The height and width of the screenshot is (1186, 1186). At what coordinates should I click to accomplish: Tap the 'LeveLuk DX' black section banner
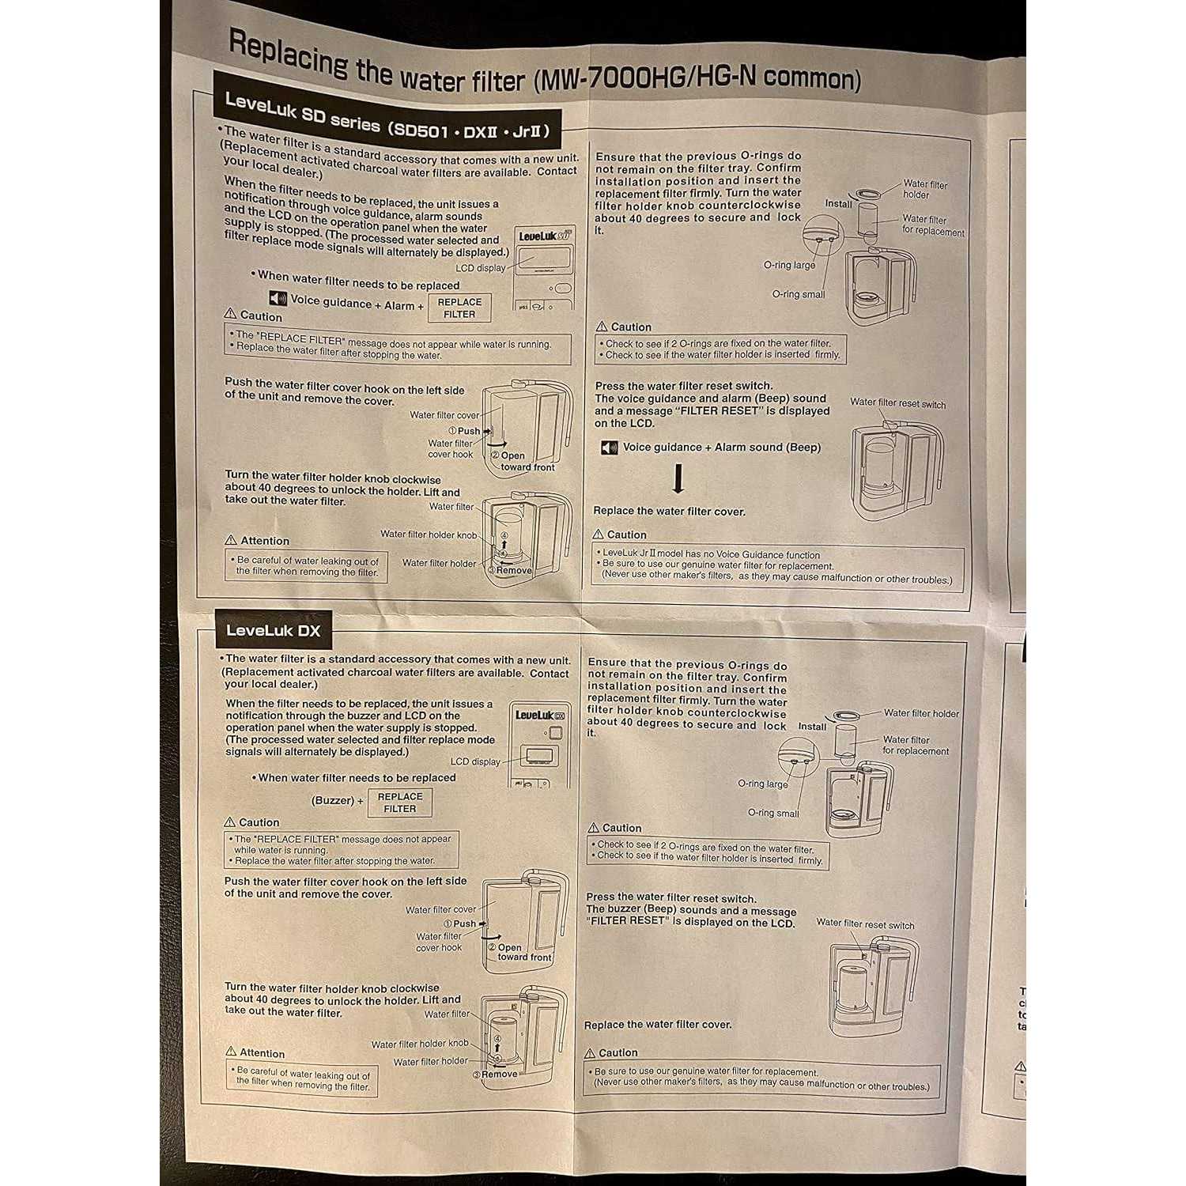point(274,630)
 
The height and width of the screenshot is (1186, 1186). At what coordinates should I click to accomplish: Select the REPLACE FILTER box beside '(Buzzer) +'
point(400,803)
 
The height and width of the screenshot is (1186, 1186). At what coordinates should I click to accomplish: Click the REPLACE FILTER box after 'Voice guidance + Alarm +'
point(459,308)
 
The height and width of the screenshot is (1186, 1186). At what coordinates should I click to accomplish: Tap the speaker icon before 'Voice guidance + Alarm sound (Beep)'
point(609,448)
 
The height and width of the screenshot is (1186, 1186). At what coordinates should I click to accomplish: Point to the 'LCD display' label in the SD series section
point(480,268)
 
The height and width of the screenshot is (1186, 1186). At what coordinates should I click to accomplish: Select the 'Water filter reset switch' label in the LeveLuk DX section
point(865,923)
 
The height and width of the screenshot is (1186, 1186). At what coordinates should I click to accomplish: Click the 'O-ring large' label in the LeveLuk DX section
point(762,784)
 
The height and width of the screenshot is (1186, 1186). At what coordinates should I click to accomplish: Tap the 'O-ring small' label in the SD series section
point(798,294)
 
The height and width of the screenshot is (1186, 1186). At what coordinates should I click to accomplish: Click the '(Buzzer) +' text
point(337,800)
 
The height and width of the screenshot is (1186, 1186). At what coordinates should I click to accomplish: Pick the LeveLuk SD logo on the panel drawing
point(545,236)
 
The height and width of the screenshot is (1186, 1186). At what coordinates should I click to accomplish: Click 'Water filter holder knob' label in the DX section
point(420,1044)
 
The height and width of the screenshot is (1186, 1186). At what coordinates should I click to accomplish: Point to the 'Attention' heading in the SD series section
point(264,541)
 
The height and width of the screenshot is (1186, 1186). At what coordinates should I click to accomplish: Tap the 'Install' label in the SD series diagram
point(838,203)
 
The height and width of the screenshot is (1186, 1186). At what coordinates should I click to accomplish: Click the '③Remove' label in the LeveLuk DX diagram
point(496,1074)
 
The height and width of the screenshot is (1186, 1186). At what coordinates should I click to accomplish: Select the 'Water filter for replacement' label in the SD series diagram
point(933,225)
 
